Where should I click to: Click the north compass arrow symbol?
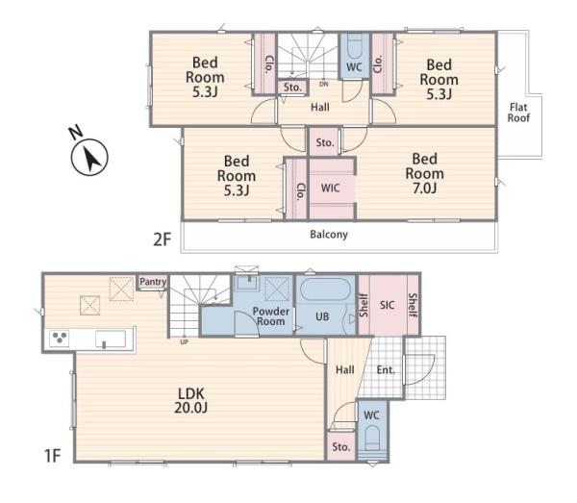pos(89,157)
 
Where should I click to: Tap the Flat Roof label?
pos(518,113)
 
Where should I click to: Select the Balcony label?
pos(329,235)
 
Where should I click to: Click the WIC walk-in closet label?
pos(330,189)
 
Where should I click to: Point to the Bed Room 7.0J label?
pos(425,173)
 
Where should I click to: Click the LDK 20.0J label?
pos(191,400)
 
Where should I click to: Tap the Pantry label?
pos(153,282)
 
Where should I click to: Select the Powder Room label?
pos(271,316)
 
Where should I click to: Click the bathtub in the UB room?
pos(324,289)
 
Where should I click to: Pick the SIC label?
pos(388,305)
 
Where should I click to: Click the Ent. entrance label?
pos(386,369)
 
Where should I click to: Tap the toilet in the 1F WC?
pos(372,440)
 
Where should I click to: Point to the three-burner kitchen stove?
pos(60,339)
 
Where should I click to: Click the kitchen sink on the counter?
pos(111,339)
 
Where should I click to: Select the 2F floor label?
pos(163,239)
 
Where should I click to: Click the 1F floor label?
pos(52,456)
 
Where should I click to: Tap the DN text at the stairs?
pos(323,85)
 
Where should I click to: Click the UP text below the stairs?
pos(185,342)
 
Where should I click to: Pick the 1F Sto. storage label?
pos(340,446)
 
